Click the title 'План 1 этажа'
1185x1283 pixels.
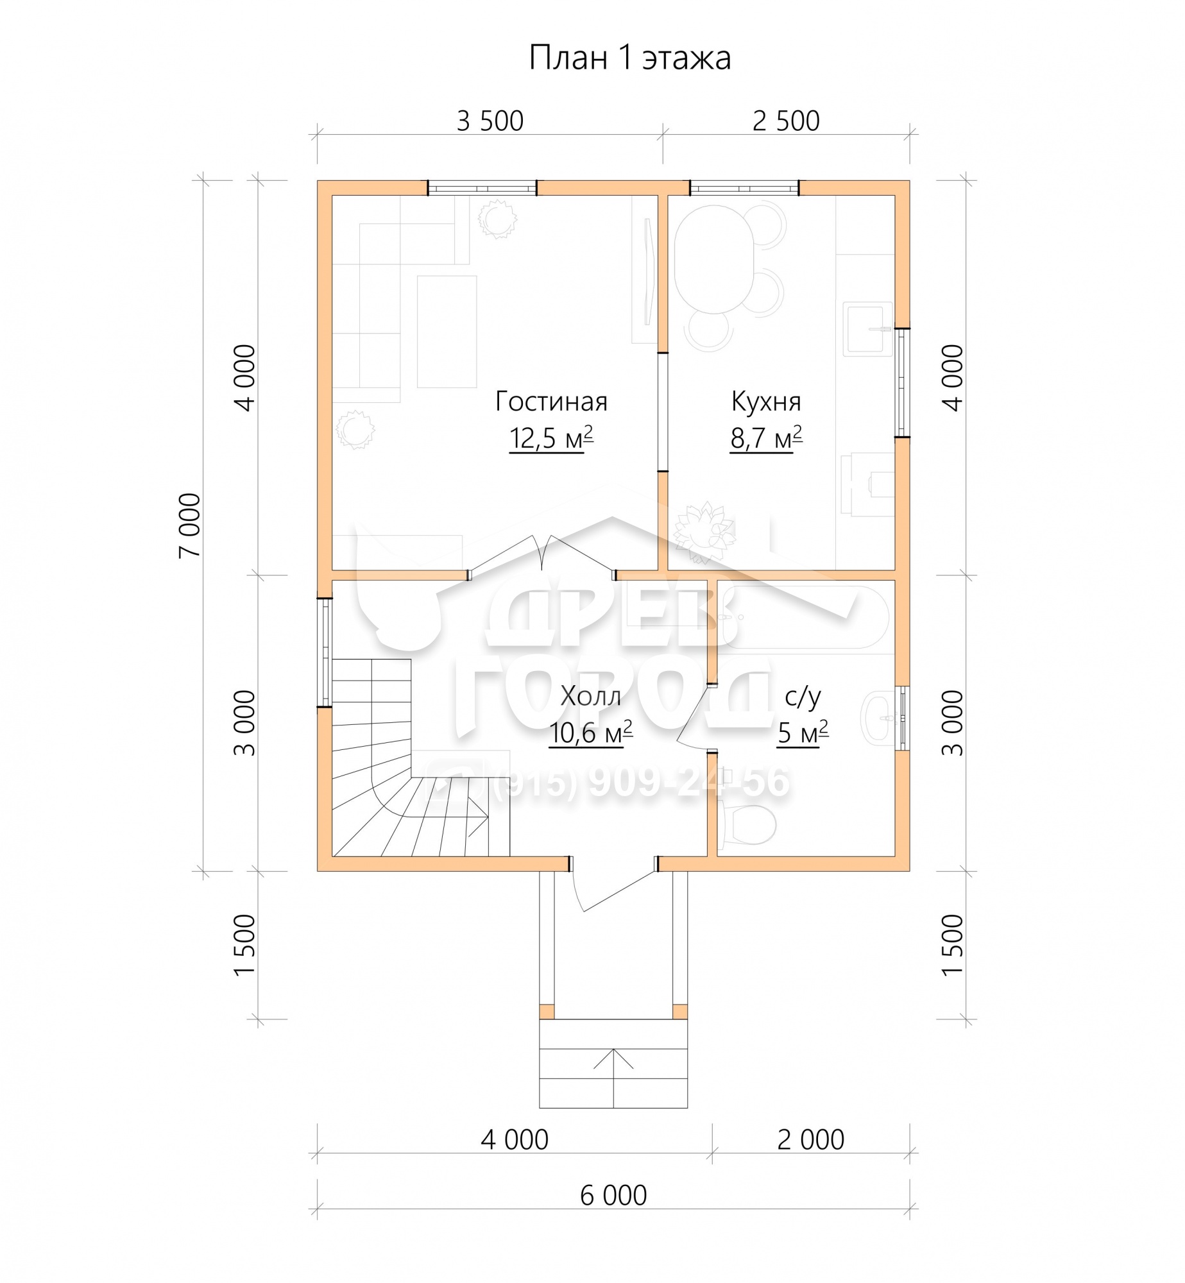coord(629,58)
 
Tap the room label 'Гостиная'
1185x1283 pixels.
coord(551,402)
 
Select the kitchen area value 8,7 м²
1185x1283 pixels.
coord(766,438)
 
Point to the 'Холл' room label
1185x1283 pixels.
coord(590,696)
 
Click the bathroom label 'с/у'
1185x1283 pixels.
coord(803,697)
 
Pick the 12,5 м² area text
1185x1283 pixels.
coord(551,438)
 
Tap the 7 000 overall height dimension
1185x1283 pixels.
coord(191,525)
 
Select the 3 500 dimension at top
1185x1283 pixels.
coord(490,121)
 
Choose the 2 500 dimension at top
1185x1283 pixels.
coord(786,121)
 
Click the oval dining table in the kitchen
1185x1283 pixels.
coord(713,259)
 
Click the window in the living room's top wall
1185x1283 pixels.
coord(482,188)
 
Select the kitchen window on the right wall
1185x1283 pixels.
coord(903,383)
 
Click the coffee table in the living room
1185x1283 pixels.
coord(447,332)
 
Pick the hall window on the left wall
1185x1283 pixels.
coord(325,653)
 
